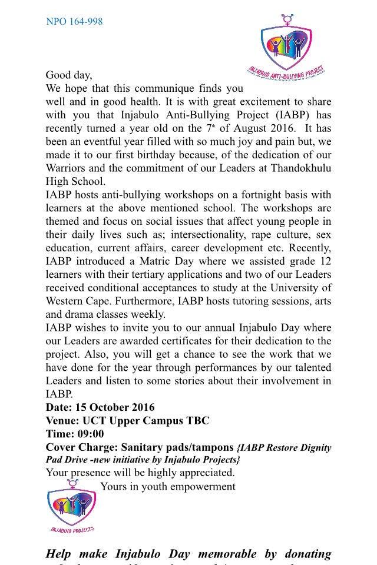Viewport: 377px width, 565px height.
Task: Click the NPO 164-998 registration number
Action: point(74,22)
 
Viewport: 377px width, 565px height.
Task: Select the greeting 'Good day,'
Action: point(69,75)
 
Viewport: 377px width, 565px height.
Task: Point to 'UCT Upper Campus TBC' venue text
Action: point(145,421)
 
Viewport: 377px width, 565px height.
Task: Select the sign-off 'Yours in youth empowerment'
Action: point(168,486)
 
